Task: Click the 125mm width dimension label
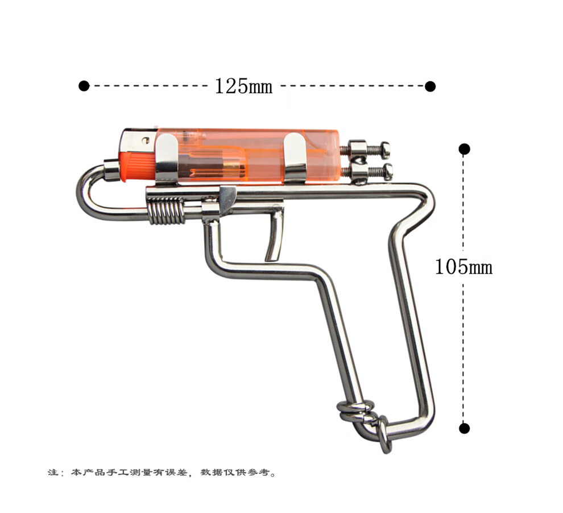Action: (243, 86)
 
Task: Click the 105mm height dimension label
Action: (463, 267)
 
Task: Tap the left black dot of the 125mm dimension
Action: (84, 86)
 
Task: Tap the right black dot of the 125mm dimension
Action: (430, 86)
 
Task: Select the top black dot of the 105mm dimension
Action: (464, 149)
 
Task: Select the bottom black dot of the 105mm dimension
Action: (464, 428)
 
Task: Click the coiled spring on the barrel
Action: (166, 211)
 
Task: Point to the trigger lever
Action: (275, 236)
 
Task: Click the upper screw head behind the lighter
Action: (385, 150)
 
